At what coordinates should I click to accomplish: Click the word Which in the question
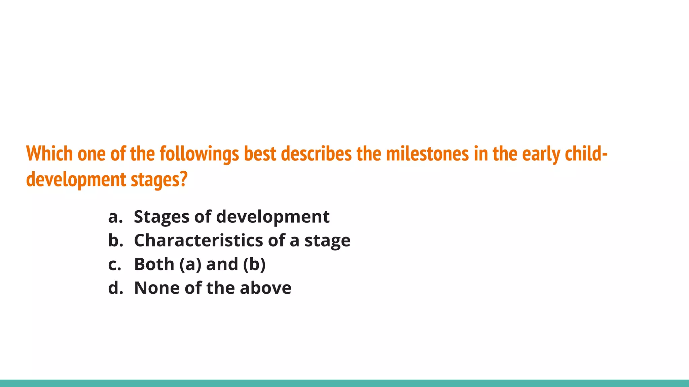click(x=49, y=154)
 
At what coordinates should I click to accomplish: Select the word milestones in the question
click(x=427, y=154)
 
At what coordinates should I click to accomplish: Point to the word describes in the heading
click(x=316, y=154)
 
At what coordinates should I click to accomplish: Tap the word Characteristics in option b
click(x=198, y=241)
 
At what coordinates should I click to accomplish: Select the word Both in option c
click(x=154, y=264)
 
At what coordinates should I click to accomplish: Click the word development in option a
click(x=273, y=217)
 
